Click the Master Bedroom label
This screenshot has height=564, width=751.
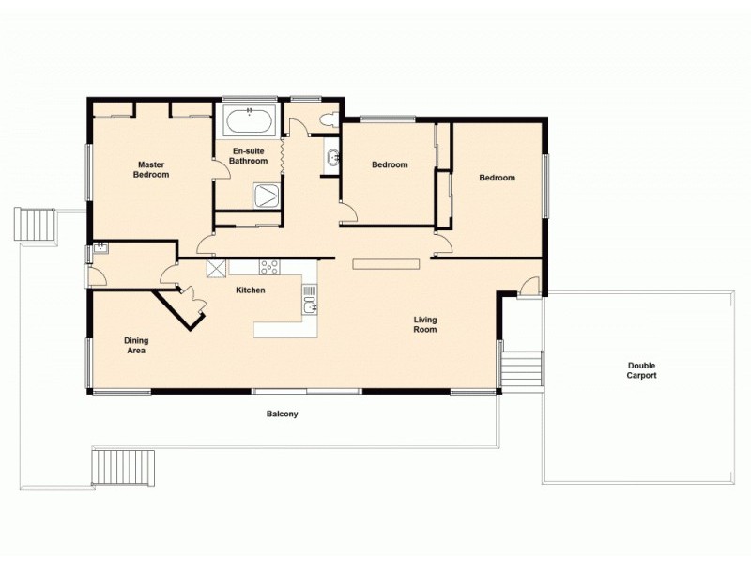point(150,169)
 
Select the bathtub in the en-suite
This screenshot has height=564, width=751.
point(250,122)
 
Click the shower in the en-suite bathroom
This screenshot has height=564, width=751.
point(267,195)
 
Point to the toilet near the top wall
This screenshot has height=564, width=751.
point(328,120)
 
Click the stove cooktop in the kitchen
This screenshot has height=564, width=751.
point(269,266)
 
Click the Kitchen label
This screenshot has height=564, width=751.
point(251,290)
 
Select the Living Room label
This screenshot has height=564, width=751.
point(425,325)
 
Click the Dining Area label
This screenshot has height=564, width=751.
point(137,345)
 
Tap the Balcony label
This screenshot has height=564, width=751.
point(283,414)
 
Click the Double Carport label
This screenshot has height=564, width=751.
point(641,370)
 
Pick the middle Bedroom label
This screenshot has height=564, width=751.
point(390,165)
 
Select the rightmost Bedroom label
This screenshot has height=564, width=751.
point(497,178)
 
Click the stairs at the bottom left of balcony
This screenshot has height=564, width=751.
point(123,467)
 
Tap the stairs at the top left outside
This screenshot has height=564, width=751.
point(35,225)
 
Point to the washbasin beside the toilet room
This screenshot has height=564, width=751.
point(332,157)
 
